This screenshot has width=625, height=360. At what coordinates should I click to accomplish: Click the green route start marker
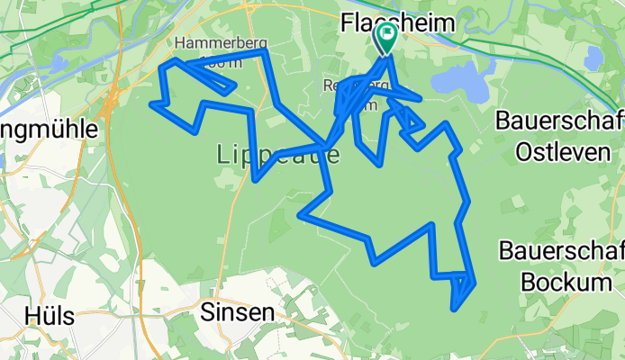[386, 37]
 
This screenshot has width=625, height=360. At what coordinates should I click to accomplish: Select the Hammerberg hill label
[209, 42]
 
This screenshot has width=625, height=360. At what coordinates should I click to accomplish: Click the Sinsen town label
[237, 312]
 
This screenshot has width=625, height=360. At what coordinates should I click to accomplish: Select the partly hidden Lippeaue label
[279, 156]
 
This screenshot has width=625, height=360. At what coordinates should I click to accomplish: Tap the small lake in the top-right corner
[593, 58]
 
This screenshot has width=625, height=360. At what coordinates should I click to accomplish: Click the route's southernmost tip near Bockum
[456, 309]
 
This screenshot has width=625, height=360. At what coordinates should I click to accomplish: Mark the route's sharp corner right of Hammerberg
[266, 53]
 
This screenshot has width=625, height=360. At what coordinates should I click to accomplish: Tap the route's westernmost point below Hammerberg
[153, 104]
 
